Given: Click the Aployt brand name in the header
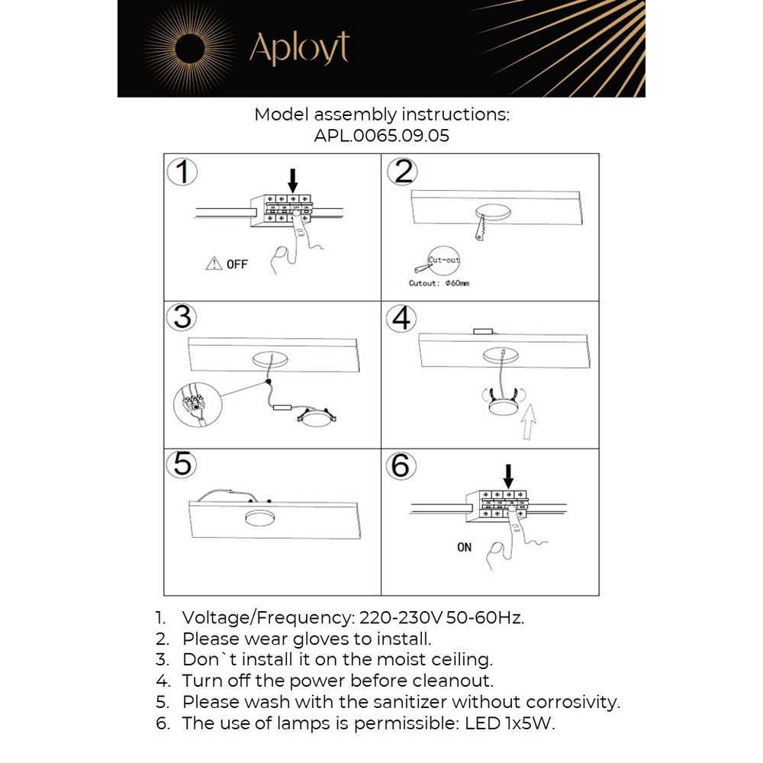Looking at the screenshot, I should pyautogui.click(x=299, y=49).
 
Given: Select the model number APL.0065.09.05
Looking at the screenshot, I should pyautogui.click(x=381, y=137).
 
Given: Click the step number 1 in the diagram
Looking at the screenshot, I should pyautogui.click(x=182, y=172).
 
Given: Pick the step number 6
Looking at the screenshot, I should pyautogui.click(x=401, y=465).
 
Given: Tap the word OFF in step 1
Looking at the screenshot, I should pyautogui.click(x=237, y=265).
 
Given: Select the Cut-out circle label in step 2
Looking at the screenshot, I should pyautogui.click(x=444, y=261).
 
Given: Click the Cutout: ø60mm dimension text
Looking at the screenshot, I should pyautogui.click(x=439, y=283).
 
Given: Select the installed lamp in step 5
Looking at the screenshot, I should pyautogui.click(x=262, y=518).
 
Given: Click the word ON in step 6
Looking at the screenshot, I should pyautogui.click(x=465, y=547).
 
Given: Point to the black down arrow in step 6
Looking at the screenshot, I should pyautogui.click(x=509, y=474).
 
